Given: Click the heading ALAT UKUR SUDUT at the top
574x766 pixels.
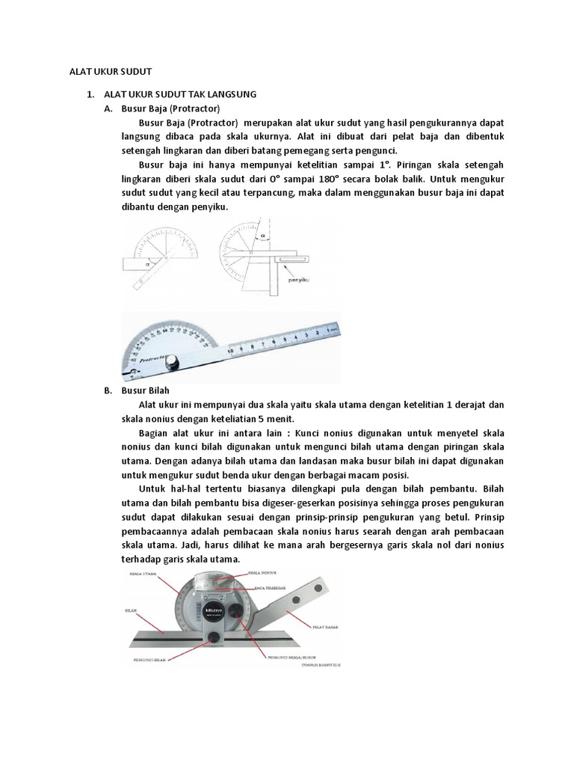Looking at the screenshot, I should pos(105,71).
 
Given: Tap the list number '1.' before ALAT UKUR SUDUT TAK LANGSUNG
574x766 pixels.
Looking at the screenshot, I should pos(90,94).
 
